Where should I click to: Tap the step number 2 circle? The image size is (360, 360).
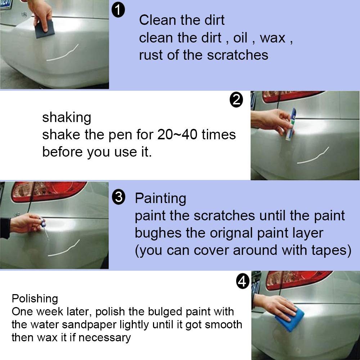point(236,100)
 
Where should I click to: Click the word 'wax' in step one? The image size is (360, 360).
point(272,38)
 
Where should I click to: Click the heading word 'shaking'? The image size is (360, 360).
point(67,117)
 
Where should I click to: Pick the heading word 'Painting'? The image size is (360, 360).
point(160,198)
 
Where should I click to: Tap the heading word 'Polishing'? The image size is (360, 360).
point(35,298)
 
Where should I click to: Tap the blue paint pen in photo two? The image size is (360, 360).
point(292,124)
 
